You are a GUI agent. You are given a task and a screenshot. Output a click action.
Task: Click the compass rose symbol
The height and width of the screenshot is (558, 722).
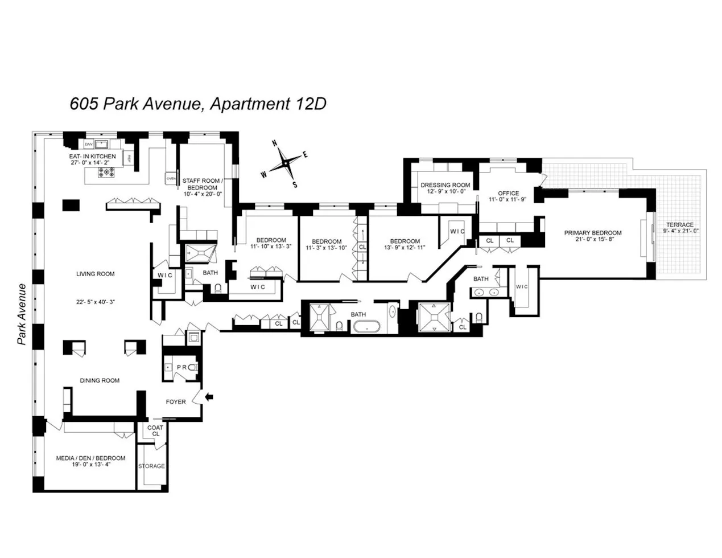pos(284,163)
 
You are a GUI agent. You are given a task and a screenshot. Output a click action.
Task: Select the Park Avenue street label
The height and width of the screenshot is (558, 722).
pos(22,314)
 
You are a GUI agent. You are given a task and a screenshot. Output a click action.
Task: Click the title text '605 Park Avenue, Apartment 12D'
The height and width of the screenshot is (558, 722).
pos(197,104)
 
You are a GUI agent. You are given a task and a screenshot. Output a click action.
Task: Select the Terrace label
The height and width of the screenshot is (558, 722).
pos(680,225)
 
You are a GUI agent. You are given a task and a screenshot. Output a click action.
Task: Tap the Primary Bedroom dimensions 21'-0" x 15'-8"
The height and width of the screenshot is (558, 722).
pos(592,240)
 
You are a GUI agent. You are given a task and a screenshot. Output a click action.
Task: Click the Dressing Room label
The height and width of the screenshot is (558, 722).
pos(445,185)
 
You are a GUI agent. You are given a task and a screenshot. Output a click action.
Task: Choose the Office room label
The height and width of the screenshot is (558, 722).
pos(508,193)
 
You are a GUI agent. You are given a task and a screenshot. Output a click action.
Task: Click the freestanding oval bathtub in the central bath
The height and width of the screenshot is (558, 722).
pos(367,327)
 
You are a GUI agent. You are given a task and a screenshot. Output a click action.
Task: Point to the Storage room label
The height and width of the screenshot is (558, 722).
pos(151,466)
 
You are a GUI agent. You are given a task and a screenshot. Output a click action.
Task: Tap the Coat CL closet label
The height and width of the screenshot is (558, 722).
pos(155,430)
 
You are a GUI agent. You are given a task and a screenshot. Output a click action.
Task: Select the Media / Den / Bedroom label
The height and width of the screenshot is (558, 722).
pos(90,458)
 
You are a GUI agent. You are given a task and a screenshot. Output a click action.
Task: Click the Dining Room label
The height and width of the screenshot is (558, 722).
pos(100,380)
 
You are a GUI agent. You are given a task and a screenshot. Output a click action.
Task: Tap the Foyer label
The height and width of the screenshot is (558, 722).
pos(176,401)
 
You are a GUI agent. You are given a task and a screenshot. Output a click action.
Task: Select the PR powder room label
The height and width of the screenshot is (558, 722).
pos(181,367)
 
